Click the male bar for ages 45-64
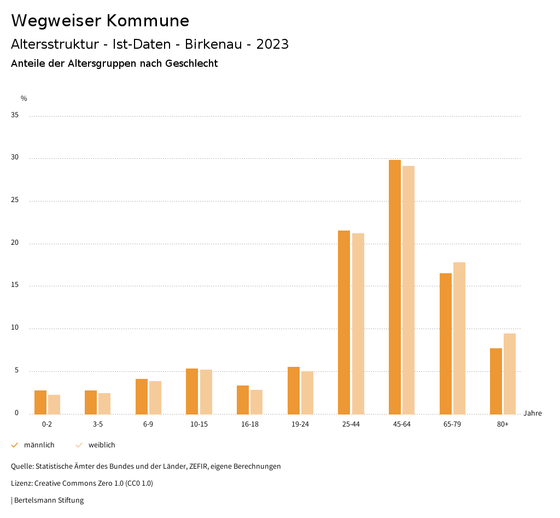pyautogui.click(x=395, y=287)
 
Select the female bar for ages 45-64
pyautogui.click(x=409, y=290)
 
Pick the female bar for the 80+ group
pyautogui.click(x=510, y=373)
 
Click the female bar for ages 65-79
pyautogui.click(x=459, y=338)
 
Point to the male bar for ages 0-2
pyautogui.click(x=40, y=402)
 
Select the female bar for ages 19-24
pyautogui.click(x=307, y=393)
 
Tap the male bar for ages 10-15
pyautogui.click(x=192, y=391)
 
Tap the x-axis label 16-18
pyautogui.click(x=250, y=425)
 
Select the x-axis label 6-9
pyautogui.click(x=148, y=425)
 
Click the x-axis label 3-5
pyautogui.click(x=98, y=425)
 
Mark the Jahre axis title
pyautogui.click(x=533, y=413)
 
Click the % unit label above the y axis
pyautogui.click(x=24, y=99)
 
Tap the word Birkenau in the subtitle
pyautogui.click(x=213, y=44)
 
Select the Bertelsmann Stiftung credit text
pyautogui.click(x=49, y=500)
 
